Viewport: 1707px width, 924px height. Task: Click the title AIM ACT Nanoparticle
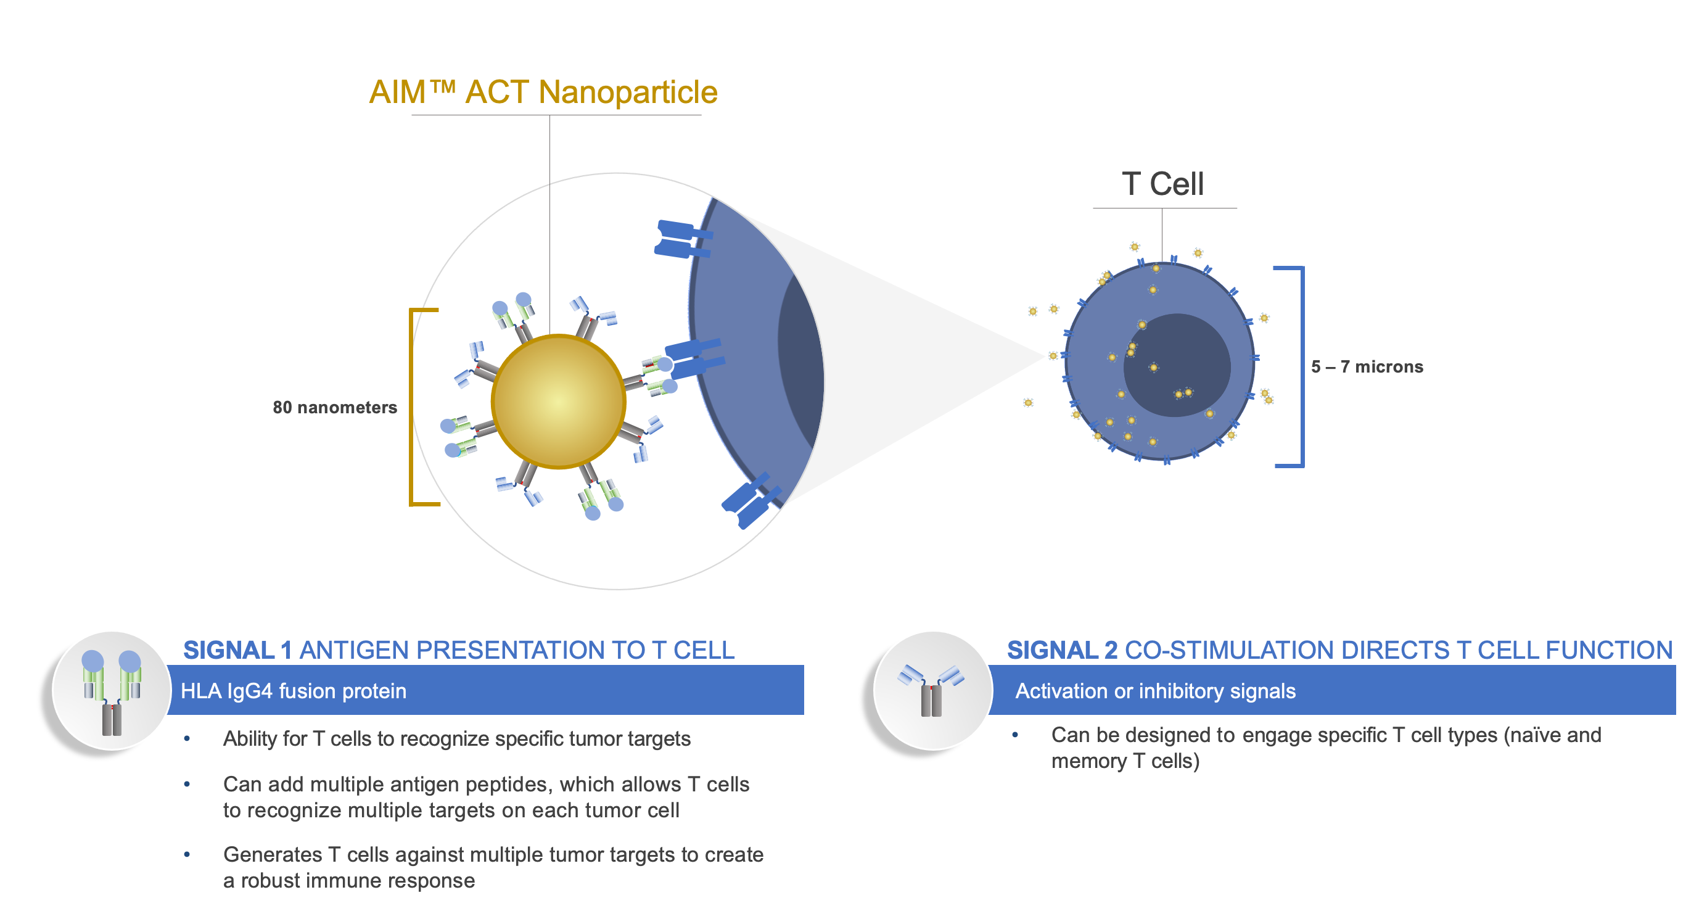point(543,92)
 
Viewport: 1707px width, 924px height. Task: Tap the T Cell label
point(1163,184)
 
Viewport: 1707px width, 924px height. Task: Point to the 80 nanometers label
point(335,407)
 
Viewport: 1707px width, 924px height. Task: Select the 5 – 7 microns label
point(1367,366)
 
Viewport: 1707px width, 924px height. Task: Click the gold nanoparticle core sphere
point(559,402)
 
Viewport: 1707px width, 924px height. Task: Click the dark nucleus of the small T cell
point(1177,365)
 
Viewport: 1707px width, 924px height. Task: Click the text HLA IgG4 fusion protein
point(294,691)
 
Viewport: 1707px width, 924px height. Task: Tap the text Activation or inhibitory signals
point(1155,691)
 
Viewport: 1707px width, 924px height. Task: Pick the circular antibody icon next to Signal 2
point(932,691)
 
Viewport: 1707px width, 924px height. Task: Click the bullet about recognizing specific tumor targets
point(456,738)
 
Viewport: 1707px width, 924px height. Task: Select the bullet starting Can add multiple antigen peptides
point(486,797)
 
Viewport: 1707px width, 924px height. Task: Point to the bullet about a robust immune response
point(493,867)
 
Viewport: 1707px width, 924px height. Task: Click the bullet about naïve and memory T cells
point(1326,748)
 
